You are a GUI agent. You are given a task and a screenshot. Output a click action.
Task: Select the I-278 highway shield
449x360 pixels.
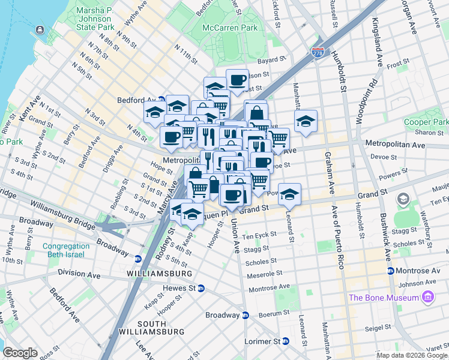318,52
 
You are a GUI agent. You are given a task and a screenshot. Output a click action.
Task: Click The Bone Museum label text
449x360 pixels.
384,298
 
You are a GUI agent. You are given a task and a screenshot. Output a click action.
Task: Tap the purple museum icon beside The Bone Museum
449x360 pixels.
427,297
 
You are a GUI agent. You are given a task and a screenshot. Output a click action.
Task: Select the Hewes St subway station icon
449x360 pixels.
201,288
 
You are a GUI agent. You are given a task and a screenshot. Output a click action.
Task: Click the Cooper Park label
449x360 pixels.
426,122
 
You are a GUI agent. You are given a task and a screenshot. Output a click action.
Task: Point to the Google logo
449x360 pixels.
20,352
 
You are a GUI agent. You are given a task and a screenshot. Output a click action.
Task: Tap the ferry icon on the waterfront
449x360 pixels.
40,29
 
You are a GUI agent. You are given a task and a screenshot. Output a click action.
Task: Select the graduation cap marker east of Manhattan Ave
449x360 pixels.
306,121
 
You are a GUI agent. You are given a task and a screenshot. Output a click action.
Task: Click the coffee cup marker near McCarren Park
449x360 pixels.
238,80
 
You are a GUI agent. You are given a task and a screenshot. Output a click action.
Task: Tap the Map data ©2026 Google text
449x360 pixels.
412,355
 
